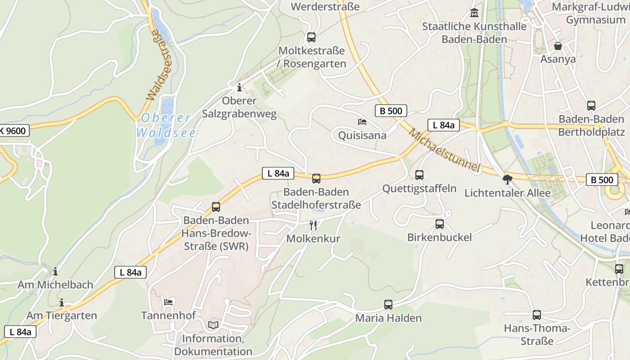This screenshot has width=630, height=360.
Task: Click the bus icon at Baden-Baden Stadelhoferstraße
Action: pyautogui.click(x=316, y=179)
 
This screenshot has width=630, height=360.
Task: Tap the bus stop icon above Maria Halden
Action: pyautogui.click(x=388, y=305)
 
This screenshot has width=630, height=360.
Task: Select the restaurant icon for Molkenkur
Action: pyautogui.click(x=313, y=225)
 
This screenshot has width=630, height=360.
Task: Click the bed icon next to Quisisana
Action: pyautogui.click(x=362, y=122)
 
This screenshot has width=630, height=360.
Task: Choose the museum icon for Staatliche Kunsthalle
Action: pyautogui.click(x=474, y=13)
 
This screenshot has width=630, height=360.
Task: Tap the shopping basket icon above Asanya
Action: pyautogui.click(x=558, y=46)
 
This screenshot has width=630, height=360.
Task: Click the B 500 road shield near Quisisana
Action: pyautogui.click(x=391, y=111)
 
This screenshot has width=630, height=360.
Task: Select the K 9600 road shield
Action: pyautogui.click(x=13, y=131)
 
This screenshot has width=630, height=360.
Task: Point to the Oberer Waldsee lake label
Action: pyautogui.click(x=166, y=126)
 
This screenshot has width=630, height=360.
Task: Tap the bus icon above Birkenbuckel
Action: pyautogui.click(x=440, y=224)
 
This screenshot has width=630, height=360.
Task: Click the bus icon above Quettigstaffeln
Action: pyautogui.click(x=419, y=175)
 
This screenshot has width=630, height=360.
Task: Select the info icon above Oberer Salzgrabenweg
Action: pyautogui.click(x=239, y=87)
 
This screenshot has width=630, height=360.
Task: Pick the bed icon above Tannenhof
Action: pyautogui.click(x=168, y=302)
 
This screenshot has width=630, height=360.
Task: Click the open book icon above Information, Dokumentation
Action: pyautogui.click(x=213, y=325)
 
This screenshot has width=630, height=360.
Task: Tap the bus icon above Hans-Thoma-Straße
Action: pyautogui.click(x=537, y=315)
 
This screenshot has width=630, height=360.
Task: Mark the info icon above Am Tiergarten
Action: pyautogui.click(x=62, y=302)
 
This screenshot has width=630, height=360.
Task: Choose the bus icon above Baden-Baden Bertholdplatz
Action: pyautogui.click(x=591, y=106)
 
